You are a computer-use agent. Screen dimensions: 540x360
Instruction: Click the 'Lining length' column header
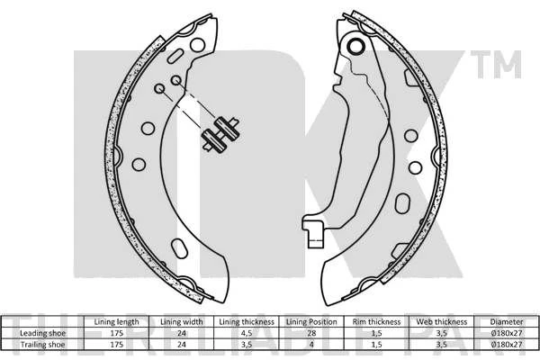(116, 322)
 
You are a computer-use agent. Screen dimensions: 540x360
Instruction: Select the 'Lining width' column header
(182, 322)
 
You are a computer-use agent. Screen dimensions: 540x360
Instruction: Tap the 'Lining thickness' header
(247, 322)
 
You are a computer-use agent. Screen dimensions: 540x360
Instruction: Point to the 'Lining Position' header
(311, 322)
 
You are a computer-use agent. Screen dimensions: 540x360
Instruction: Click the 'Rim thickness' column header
(377, 322)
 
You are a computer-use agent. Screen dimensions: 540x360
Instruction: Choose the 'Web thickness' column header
(442, 322)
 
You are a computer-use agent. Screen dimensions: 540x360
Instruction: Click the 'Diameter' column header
(507, 322)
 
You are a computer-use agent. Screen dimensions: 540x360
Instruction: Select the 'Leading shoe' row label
(42, 333)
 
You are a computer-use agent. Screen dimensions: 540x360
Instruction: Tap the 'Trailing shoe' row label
(42, 345)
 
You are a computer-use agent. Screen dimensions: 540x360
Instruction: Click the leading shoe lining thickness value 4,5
(247, 334)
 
